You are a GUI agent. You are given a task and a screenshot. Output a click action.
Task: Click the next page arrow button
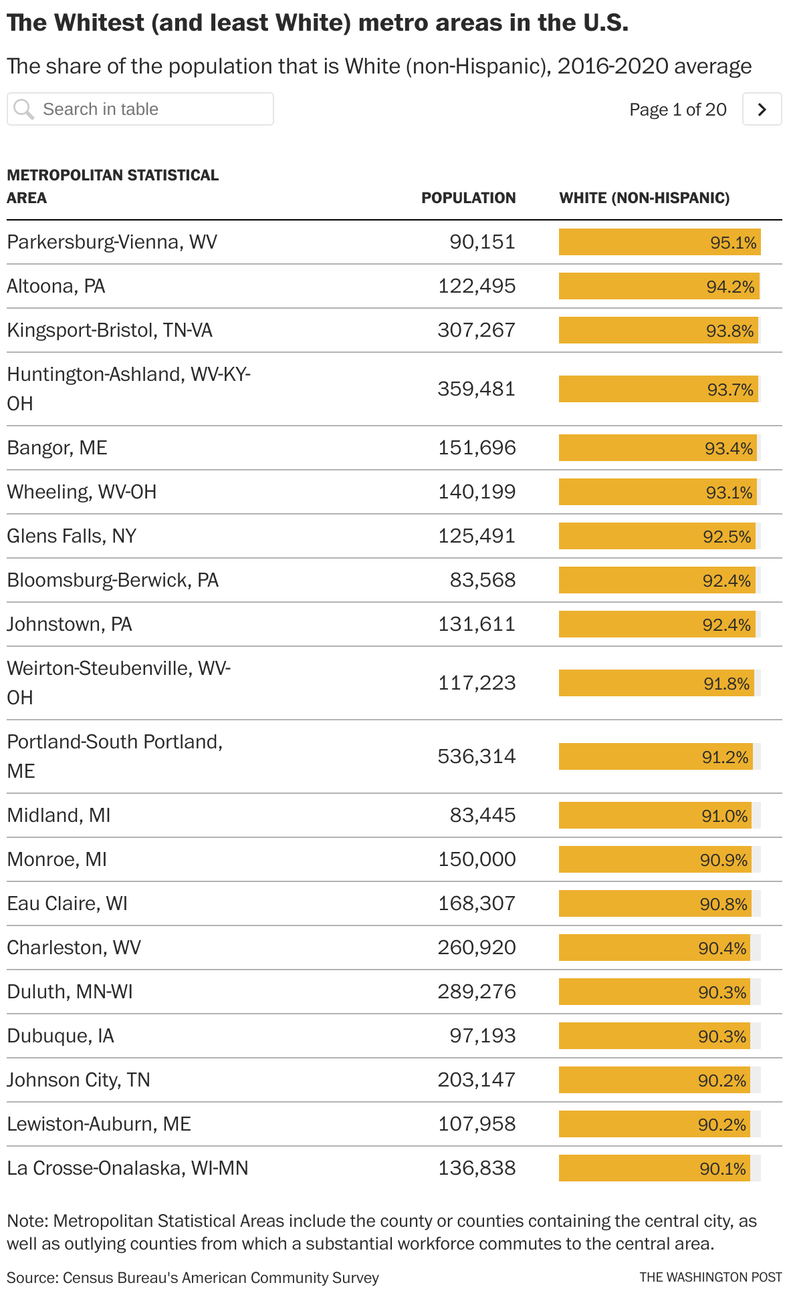pos(762,109)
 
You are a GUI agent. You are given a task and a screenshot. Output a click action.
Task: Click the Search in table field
pos(154,109)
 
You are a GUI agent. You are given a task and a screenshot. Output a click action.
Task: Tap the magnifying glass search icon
pos(23,109)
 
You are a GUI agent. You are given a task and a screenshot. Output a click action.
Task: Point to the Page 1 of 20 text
pos(677,110)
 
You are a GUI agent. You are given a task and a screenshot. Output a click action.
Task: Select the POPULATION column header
pos(468,198)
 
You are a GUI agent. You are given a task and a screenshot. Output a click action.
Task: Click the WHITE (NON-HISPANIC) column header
pos(644,198)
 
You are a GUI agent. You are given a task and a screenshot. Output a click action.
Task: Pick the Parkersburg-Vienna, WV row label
pos(112,242)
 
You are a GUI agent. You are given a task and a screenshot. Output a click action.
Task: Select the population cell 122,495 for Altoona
pos(477,286)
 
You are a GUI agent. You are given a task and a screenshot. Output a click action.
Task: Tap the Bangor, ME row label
pos(57,448)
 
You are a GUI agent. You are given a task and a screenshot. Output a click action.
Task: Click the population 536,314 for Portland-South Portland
pos(477,756)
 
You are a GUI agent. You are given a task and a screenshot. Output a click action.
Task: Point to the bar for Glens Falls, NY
pos(657,536)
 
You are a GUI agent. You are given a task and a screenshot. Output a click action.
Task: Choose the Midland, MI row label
pos(59,815)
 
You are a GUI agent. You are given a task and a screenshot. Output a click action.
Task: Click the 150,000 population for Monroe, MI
pos(477,859)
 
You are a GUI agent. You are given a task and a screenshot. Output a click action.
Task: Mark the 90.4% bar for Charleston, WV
pos(655,948)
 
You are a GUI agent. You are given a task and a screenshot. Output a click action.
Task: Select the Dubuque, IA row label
pos(60,1036)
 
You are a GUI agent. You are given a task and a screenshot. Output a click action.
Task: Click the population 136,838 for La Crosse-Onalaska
pos(477,1168)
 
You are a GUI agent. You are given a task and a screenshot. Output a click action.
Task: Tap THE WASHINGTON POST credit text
pos(710,1277)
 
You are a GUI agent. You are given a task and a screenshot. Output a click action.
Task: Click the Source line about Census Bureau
pos(193,1278)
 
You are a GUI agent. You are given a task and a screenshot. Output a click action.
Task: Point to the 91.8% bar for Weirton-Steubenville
pos(657,683)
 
